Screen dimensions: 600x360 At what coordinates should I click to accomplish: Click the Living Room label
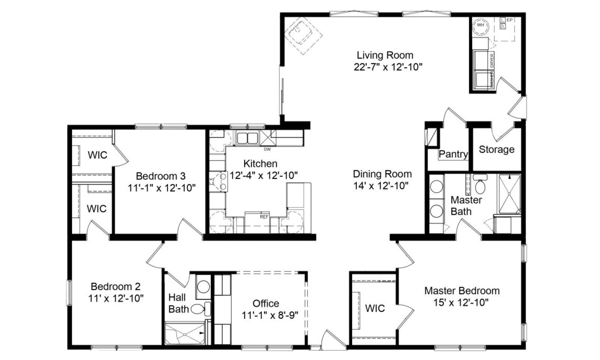[385, 55]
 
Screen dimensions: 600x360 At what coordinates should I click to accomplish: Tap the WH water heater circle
[481, 26]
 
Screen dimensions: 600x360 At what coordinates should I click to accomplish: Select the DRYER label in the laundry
[492, 61]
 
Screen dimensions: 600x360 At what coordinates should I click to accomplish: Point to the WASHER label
[492, 79]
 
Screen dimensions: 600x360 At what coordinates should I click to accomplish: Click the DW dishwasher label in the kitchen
[267, 149]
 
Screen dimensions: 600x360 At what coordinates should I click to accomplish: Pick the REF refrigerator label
[264, 217]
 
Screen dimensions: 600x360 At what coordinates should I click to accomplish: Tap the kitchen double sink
[247, 138]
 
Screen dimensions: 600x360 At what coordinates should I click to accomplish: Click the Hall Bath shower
[184, 333]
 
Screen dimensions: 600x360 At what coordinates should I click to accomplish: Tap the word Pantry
[453, 154]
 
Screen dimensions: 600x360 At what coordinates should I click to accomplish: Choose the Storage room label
[496, 150]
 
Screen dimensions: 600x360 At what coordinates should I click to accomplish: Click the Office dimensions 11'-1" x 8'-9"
[270, 315]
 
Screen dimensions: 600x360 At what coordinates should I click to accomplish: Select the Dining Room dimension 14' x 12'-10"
[381, 186]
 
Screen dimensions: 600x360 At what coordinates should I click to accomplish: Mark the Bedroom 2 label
[116, 286]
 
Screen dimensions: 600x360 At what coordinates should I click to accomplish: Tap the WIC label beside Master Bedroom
[375, 308]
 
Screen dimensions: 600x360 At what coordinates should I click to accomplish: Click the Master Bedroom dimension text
[461, 303]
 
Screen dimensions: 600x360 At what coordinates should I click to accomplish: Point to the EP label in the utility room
[510, 20]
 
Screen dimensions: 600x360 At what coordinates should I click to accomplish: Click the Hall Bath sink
[203, 287]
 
